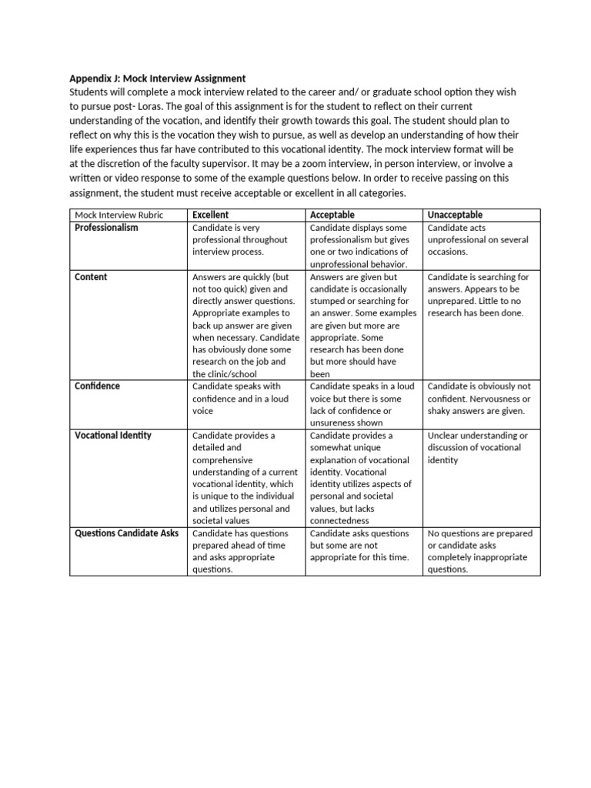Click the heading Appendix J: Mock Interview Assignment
coord(158,78)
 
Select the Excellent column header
coord(210,215)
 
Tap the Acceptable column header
coord(332,215)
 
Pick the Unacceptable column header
coord(454,215)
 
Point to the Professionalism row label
coord(106,228)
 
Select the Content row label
coord(91,277)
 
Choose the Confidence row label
coord(97,386)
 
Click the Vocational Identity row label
coord(113,436)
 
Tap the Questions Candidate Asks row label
coord(127,533)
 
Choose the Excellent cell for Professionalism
coord(247,240)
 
